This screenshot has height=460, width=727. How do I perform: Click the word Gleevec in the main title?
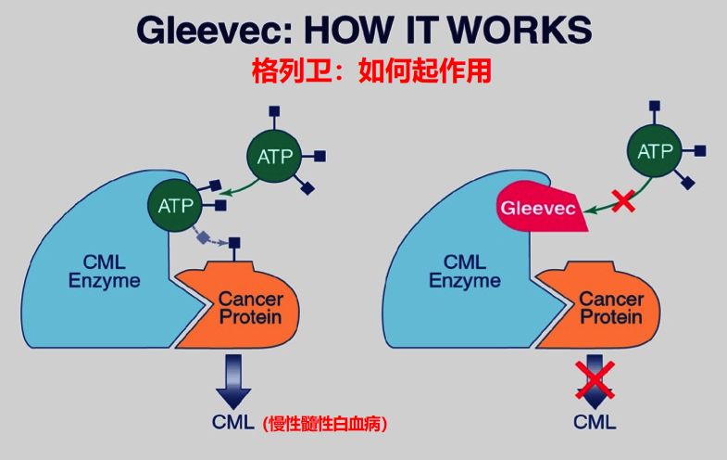tap(215, 31)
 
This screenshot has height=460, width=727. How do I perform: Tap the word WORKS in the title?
tap(520, 30)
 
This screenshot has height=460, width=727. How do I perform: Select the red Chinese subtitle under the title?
tap(371, 71)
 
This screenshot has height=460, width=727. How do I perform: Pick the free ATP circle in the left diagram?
tap(274, 157)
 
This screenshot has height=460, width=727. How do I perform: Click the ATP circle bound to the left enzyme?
tap(175, 206)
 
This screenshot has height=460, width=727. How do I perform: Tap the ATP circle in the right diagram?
tap(655, 151)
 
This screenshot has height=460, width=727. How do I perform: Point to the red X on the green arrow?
tap(623, 201)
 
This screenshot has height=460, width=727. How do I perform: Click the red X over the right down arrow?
tap(595, 379)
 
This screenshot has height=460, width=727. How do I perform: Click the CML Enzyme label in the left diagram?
tap(105, 272)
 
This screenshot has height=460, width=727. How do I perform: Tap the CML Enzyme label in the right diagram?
tap(465, 272)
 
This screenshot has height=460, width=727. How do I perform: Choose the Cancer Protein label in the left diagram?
tap(250, 308)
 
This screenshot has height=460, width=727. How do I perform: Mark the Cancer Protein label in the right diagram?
tap(611, 308)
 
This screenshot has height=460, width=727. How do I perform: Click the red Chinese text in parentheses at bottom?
tap(324, 423)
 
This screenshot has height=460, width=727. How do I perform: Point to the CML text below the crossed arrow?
tap(595, 422)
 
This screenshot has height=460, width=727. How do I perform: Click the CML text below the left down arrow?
tap(233, 422)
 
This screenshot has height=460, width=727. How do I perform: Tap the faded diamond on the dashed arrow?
tap(203, 237)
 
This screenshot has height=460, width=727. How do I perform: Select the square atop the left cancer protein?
tap(234, 243)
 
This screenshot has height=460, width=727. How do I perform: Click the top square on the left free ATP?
tap(274, 111)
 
